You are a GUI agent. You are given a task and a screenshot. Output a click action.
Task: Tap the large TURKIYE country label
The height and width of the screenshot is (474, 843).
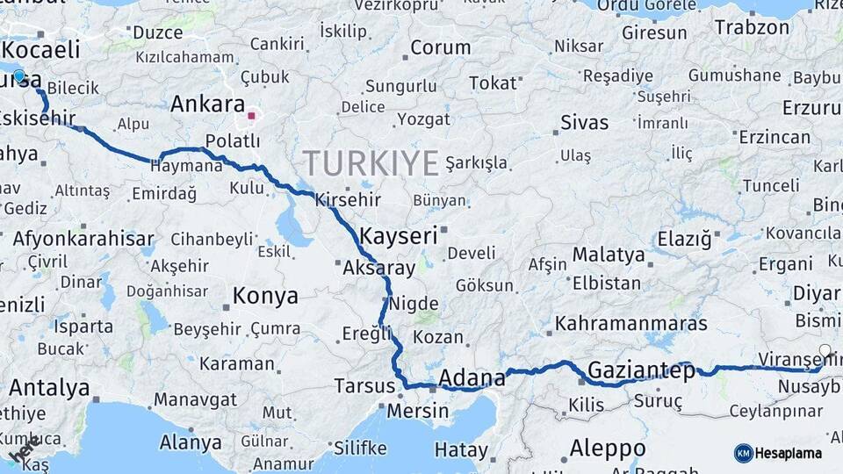click(371, 163)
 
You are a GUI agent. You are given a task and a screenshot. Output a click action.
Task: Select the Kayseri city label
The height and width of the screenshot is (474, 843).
click(398, 235)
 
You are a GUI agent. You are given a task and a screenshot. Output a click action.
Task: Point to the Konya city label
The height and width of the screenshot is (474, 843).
click(265, 297)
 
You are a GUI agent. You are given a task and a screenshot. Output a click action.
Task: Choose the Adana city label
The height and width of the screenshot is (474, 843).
click(472, 378)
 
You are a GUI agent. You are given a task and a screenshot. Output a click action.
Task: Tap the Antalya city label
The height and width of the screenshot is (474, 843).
click(49, 387)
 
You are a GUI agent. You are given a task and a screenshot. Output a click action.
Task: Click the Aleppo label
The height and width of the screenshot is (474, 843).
click(608, 448)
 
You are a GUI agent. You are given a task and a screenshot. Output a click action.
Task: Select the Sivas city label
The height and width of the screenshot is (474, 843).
click(584, 121)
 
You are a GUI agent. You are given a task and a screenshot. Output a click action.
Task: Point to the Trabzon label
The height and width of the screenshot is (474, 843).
click(752, 27)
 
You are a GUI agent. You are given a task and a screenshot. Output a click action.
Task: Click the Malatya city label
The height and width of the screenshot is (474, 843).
click(609, 255)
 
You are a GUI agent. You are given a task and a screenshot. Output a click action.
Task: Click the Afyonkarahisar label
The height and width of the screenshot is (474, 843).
click(83, 238)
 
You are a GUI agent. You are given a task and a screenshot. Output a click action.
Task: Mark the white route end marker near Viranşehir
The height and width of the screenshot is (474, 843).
click(825, 352)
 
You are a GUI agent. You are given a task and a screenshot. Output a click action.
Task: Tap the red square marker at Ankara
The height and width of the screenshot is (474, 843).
click(251, 115)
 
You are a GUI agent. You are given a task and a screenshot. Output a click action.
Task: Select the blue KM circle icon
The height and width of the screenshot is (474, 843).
click(744, 453)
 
